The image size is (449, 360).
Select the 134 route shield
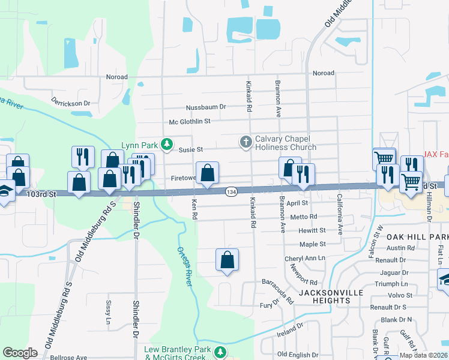coord(232,191)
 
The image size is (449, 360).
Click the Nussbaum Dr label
coord(206,107)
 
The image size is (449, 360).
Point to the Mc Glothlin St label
coord(190,121)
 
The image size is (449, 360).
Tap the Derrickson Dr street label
coord(70,101)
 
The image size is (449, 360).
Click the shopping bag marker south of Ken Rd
coord(227,260)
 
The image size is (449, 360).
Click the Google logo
coord(20,353)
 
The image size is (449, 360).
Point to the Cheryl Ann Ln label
coord(304,258)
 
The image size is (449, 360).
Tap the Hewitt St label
coord(312,230)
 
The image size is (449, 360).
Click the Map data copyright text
coord(423,355)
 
